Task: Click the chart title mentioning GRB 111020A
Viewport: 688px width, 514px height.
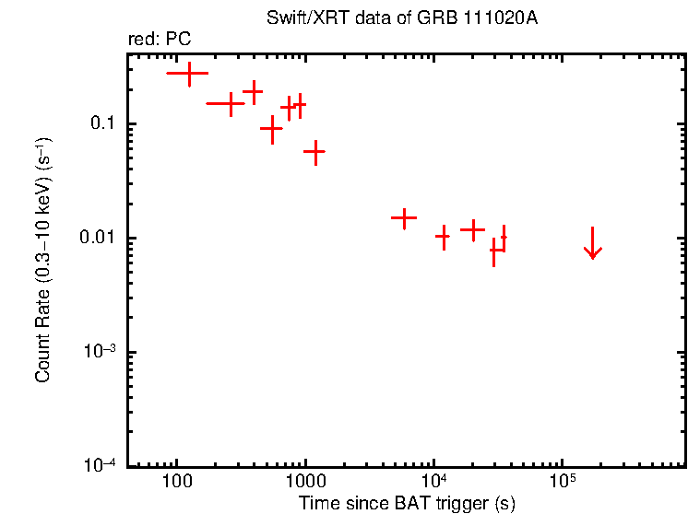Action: pos(401,18)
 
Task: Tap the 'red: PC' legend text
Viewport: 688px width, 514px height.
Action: pos(159,40)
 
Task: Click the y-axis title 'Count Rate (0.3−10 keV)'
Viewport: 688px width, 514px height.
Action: pos(43,260)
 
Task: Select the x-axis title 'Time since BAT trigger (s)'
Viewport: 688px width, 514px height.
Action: pos(406,503)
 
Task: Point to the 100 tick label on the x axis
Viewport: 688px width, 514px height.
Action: pos(175,482)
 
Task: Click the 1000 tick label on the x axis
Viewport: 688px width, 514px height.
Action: pos(304,482)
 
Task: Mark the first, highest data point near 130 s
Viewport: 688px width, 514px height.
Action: pos(189,72)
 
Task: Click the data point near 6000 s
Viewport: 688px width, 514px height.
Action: pos(404,218)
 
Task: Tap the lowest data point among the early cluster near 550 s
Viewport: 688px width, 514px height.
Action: pos(271,130)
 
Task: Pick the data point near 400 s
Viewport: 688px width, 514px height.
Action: pos(253,91)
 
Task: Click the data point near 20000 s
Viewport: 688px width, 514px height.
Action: pos(472,228)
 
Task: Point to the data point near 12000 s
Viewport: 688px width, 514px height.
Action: pos(444,237)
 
